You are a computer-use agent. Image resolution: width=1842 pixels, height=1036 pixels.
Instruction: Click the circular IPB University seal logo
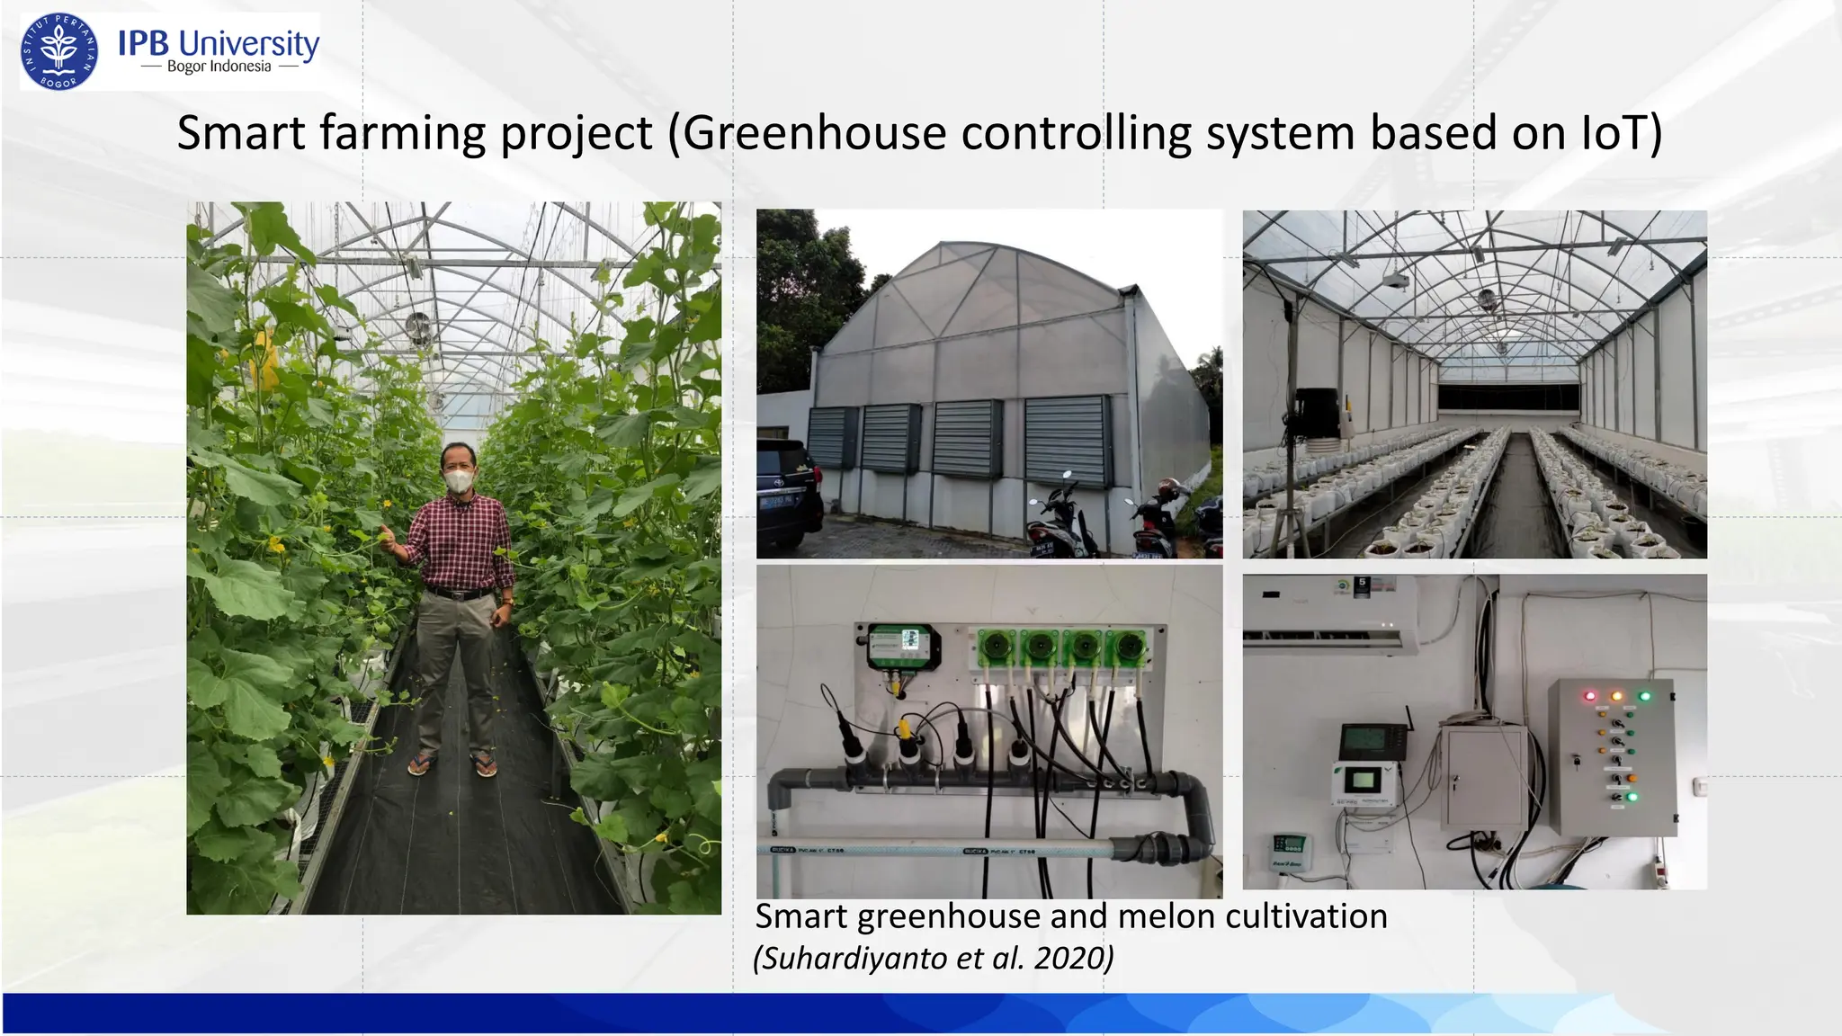click(59, 52)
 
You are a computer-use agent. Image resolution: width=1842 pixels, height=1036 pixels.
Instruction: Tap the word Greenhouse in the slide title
click(814, 133)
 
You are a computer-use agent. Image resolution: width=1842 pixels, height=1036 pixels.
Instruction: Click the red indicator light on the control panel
click(1589, 695)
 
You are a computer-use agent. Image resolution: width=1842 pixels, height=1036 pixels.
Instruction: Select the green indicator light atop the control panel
click(1645, 695)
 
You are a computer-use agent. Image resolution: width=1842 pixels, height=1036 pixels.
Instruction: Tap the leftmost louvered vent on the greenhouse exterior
click(831, 438)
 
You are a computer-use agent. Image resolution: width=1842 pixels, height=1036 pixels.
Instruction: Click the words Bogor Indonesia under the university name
click(219, 67)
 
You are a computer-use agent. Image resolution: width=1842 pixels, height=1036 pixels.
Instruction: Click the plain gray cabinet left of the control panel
click(1484, 778)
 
